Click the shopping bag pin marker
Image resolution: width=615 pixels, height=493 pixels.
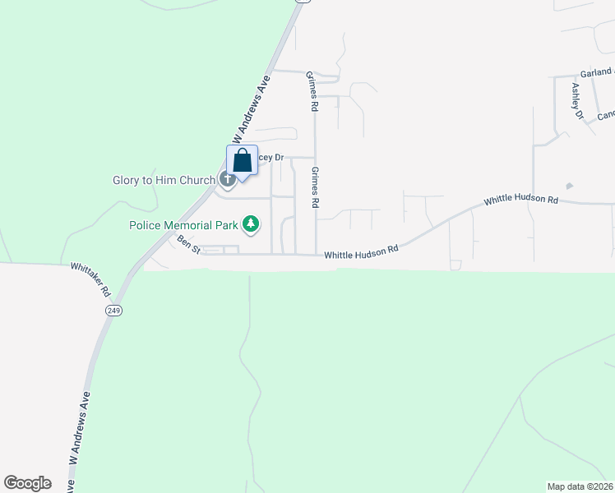pyautogui.click(x=243, y=161)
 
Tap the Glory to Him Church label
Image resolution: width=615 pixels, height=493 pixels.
pyautogui.click(x=164, y=180)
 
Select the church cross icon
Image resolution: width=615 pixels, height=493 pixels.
pyautogui.click(x=227, y=179)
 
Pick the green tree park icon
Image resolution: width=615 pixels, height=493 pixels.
pyautogui.click(x=252, y=223)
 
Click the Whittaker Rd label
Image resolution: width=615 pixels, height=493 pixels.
pyautogui.click(x=90, y=279)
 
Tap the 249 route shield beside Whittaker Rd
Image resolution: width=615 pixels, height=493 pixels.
pyautogui.click(x=113, y=310)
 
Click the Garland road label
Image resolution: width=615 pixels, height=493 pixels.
pyautogui.click(x=596, y=73)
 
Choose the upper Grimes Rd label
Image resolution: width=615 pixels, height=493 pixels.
pyautogui.click(x=312, y=90)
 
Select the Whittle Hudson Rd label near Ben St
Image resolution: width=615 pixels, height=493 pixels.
pyautogui.click(x=361, y=255)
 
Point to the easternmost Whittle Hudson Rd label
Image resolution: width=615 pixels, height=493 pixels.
pyautogui.click(x=520, y=200)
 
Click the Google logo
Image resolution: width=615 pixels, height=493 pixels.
pyautogui.click(x=27, y=482)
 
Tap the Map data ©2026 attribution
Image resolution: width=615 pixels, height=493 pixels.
pyautogui.click(x=580, y=486)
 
